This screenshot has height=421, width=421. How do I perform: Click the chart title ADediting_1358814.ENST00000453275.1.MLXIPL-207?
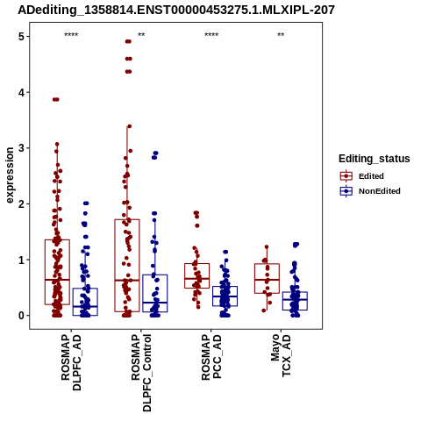pos(176,11)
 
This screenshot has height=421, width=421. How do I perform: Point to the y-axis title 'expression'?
pos(10,175)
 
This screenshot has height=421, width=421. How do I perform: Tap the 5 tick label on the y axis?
pos(21,37)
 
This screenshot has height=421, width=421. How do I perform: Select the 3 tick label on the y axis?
pos(21,148)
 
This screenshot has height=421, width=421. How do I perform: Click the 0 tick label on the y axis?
pos(21,316)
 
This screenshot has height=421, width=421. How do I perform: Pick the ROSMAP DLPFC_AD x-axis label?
pos(71,362)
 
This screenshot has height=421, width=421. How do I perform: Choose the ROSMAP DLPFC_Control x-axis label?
pos(141,373)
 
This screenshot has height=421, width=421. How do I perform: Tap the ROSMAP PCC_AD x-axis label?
pos(211,357)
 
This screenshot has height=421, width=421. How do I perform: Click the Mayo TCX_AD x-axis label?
pos(281,355)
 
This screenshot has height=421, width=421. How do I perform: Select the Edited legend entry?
pos(361,176)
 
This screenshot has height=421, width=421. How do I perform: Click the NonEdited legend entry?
pos(370,191)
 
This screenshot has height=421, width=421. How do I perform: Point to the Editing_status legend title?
pos(375,159)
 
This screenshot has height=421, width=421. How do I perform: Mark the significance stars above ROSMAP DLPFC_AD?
pos(71,35)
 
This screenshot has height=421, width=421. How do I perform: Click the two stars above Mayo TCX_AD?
pos(281,35)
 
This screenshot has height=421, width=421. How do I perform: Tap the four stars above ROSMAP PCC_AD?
pos(211,35)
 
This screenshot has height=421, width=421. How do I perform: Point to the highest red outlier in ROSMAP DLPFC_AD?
pos(56,99)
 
